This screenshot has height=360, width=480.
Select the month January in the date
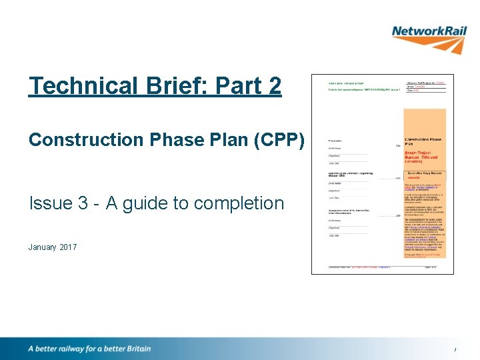pos(42,247)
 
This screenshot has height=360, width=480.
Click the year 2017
pos(68,247)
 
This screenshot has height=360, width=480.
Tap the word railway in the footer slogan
pos(76,349)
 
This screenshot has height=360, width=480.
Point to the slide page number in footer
pos(455,350)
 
